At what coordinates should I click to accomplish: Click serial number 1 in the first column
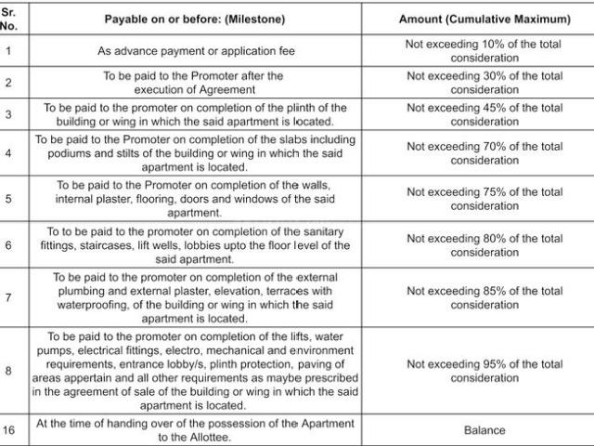9,50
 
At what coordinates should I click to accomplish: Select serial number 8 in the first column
9,371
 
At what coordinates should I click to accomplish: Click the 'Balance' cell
484,429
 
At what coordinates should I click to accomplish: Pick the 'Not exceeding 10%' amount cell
484,50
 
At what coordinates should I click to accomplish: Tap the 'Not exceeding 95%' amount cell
484,371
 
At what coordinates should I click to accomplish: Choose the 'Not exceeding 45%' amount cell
484,115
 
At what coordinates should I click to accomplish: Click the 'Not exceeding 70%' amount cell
484,153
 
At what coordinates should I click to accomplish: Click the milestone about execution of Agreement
193,83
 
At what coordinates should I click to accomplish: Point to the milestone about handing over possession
195,429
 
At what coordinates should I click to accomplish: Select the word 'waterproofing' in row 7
100,305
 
